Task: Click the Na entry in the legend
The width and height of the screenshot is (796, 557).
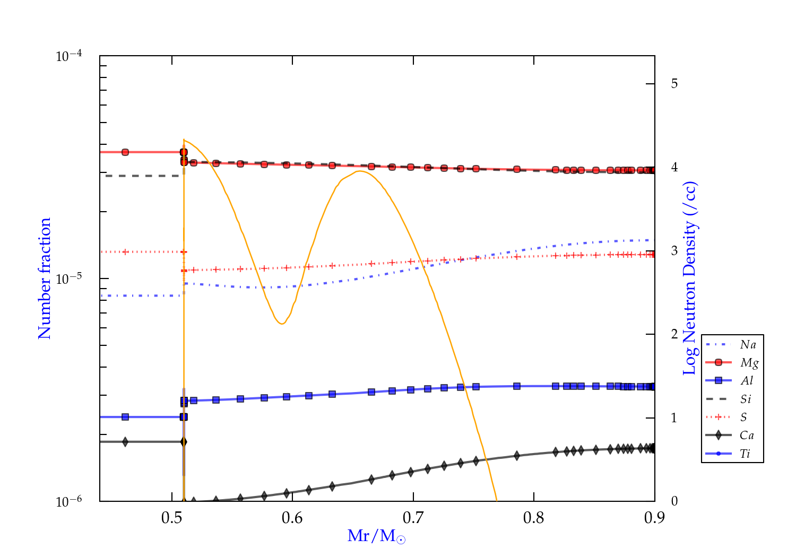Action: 748,345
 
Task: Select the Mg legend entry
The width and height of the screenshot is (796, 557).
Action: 749,363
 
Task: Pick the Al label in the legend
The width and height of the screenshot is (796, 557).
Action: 747,381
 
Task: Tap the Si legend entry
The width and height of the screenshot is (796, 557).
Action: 746,399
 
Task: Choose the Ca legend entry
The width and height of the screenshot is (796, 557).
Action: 747,436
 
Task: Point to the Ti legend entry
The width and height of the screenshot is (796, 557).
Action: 745,454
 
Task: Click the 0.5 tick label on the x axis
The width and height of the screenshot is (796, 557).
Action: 172,518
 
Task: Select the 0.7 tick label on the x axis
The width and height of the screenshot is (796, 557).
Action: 413,518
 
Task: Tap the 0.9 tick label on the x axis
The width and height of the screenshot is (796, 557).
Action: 654,518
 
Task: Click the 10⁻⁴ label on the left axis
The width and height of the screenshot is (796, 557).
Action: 68,56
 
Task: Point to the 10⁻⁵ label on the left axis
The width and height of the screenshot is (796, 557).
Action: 68,279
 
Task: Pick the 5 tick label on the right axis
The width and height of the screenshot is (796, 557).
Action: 674,84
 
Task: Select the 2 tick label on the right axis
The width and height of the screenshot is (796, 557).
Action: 674,334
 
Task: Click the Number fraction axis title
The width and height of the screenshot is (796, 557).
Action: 45,278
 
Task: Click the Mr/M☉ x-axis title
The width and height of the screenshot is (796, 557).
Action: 377,536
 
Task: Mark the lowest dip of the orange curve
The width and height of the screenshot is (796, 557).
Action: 282,324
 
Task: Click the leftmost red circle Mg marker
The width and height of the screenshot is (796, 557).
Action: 125,152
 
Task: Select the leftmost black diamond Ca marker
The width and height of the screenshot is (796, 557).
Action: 125,442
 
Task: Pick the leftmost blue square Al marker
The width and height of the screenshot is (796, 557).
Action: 125,417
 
